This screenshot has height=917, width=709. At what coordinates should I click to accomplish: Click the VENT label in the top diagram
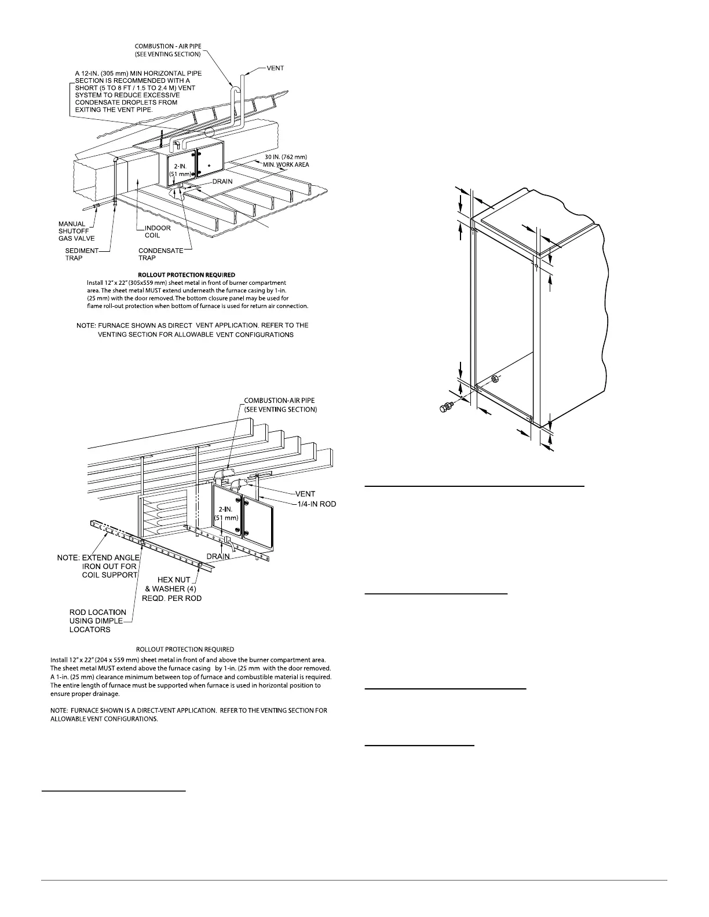(275, 68)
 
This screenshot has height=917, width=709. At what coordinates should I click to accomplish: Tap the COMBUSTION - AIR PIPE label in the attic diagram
(168, 50)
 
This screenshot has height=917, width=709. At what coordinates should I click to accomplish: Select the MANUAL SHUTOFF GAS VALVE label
(76, 231)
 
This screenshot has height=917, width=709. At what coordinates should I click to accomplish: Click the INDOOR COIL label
(158, 232)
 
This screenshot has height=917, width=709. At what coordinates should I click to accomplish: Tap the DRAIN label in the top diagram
(221, 182)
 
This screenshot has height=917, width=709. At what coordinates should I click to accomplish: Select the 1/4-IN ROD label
(314, 504)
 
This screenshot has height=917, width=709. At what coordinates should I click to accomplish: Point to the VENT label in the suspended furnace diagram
(305, 494)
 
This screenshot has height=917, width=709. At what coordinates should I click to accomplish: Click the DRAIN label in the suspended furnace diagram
(218, 556)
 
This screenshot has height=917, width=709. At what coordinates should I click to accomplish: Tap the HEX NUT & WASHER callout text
(172, 589)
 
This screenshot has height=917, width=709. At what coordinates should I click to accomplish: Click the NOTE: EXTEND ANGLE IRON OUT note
(98, 566)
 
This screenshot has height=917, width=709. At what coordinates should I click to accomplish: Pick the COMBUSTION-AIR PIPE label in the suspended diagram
(280, 405)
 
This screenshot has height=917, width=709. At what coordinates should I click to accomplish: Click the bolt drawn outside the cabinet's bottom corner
(447, 408)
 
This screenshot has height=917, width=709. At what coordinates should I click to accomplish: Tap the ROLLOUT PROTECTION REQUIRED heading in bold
(187, 274)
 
